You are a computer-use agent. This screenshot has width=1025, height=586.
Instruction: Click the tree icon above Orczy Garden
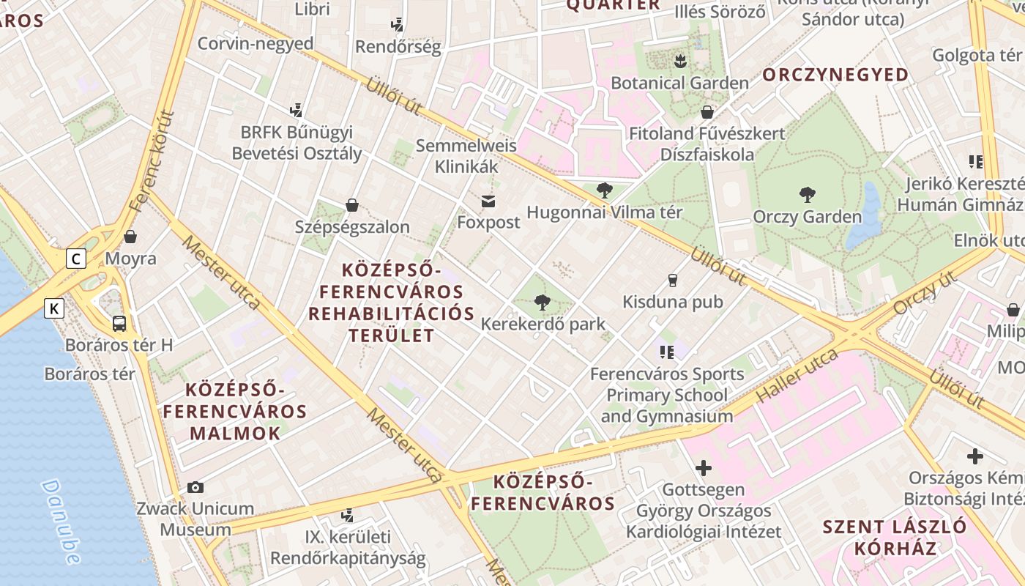point(808,195)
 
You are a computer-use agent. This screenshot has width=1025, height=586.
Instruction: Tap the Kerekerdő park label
point(543,324)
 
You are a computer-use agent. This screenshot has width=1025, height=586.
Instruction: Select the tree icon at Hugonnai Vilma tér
point(604,191)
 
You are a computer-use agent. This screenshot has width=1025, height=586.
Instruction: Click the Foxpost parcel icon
point(488,201)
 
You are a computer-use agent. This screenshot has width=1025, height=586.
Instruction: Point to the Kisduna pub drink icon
point(672,280)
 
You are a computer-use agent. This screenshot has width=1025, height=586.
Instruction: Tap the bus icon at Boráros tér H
point(119,323)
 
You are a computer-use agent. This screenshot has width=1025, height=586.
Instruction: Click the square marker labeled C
point(75,258)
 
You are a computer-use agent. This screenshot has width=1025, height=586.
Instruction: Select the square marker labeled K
point(54,308)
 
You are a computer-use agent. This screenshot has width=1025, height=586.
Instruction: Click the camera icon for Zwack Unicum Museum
point(195,487)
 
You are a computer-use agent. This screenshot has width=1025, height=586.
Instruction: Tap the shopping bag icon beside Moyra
point(130,237)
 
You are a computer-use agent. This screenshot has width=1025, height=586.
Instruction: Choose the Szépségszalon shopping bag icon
point(351,205)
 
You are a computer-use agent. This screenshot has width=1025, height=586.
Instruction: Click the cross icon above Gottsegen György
point(704,467)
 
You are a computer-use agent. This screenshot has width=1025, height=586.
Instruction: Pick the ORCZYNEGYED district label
point(835,75)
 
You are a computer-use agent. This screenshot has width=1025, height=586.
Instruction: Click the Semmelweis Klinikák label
point(466,156)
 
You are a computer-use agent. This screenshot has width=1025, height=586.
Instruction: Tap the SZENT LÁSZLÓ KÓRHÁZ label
point(894,537)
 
